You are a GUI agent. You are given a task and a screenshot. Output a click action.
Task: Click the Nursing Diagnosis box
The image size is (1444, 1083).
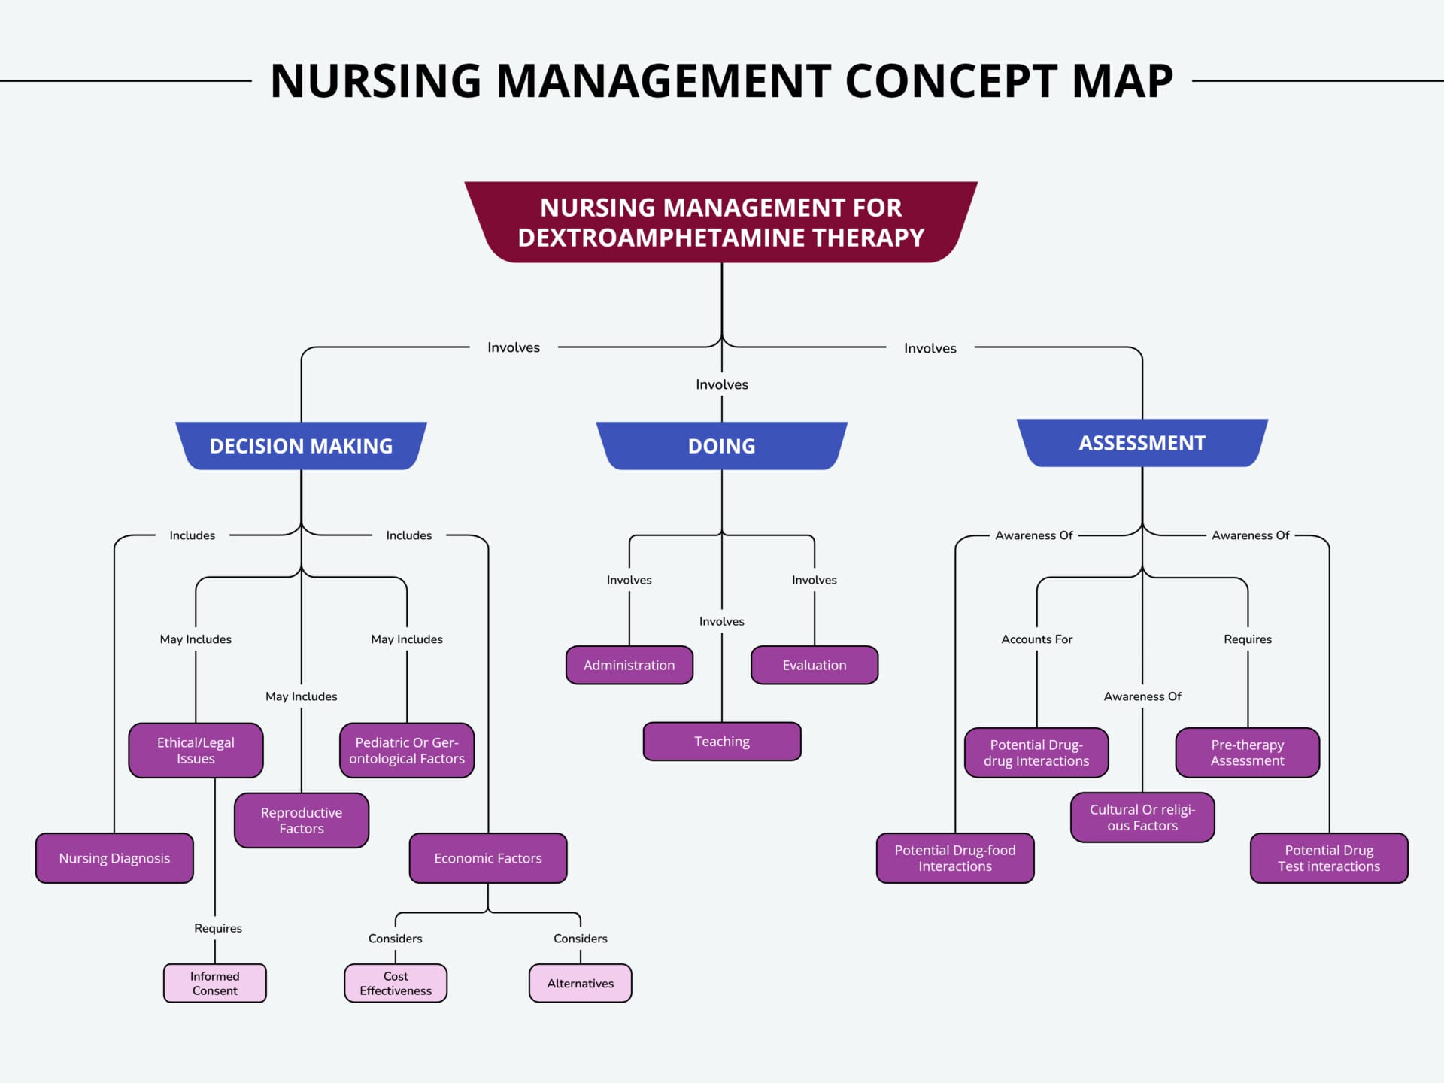(x=114, y=858)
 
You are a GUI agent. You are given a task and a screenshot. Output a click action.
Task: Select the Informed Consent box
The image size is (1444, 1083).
(x=215, y=983)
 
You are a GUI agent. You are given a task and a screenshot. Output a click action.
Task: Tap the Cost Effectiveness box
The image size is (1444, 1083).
(x=396, y=983)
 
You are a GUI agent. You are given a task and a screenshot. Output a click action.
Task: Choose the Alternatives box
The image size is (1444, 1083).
(x=580, y=983)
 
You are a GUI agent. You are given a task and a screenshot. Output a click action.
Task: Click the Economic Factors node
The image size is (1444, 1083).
(x=488, y=858)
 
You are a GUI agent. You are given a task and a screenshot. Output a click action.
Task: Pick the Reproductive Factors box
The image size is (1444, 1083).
(x=302, y=821)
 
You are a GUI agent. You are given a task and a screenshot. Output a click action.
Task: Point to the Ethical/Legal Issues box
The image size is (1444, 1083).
(x=196, y=751)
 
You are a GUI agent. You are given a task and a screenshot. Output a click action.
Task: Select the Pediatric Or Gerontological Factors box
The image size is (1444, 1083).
(x=407, y=751)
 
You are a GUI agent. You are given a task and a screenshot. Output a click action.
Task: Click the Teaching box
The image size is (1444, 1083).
(x=722, y=742)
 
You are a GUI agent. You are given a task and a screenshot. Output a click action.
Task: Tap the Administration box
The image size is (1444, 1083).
(x=629, y=665)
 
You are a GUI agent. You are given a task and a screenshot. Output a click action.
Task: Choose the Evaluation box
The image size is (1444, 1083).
(x=815, y=665)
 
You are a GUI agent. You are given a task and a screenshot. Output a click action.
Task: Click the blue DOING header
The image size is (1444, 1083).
(x=722, y=446)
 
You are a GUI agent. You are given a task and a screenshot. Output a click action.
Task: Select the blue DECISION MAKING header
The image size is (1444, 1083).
(x=301, y=446)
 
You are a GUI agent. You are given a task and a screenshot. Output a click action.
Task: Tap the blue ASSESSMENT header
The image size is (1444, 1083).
(x=1142, y=443)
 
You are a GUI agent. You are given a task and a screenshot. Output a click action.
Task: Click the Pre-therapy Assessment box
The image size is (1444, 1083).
(x=1248, y=753)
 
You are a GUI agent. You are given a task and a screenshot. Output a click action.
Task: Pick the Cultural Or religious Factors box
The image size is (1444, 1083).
(x=1142, y=818)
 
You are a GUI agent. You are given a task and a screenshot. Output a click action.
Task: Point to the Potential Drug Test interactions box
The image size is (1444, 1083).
(x=1329, y=858)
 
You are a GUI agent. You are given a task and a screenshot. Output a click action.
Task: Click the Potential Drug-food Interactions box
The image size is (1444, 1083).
(x=955, y=858)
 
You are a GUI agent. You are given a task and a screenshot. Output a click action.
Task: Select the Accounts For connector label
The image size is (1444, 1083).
(x=1036, y=639)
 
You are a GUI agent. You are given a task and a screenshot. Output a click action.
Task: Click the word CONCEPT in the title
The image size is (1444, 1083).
(x=951, y=81)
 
